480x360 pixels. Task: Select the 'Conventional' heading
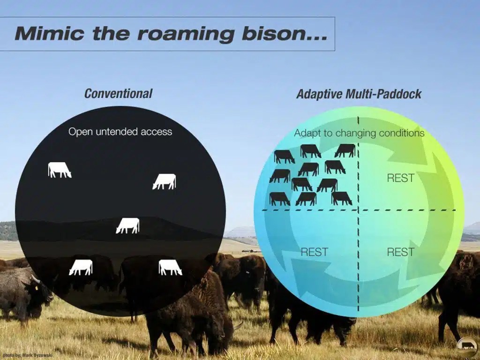[x=118, y=93]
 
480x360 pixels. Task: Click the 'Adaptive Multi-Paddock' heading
[x=359, y=94]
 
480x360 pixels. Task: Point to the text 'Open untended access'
[x=120, y=132]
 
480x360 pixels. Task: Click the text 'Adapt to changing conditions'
[x=359, y=133]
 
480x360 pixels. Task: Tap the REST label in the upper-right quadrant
[x=400, y=178]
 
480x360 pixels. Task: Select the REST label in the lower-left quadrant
[x=314, y=252]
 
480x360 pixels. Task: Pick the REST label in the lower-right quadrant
[x=400, y=252]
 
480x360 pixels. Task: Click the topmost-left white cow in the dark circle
[x=60, y=170]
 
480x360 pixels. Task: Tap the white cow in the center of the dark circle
[x=127, y=225]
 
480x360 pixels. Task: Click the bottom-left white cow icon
[x=81, y=267]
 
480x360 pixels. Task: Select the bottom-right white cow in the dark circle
[x=170, y=267]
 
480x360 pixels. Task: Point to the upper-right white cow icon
[x=164, y=181]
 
